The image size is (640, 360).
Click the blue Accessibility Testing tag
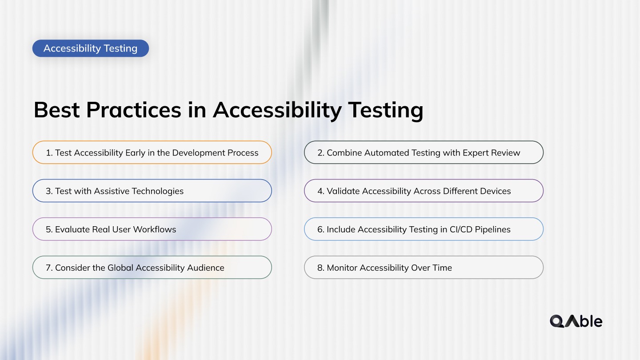90,48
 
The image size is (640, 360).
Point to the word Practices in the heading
134,110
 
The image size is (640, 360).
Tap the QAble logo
576,321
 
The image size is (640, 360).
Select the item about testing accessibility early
152,152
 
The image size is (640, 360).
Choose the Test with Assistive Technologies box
152,191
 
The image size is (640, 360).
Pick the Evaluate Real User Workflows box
152,229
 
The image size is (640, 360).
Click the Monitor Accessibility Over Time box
424,268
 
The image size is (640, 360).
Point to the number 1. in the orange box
49,153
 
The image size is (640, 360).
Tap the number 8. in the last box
321,268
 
